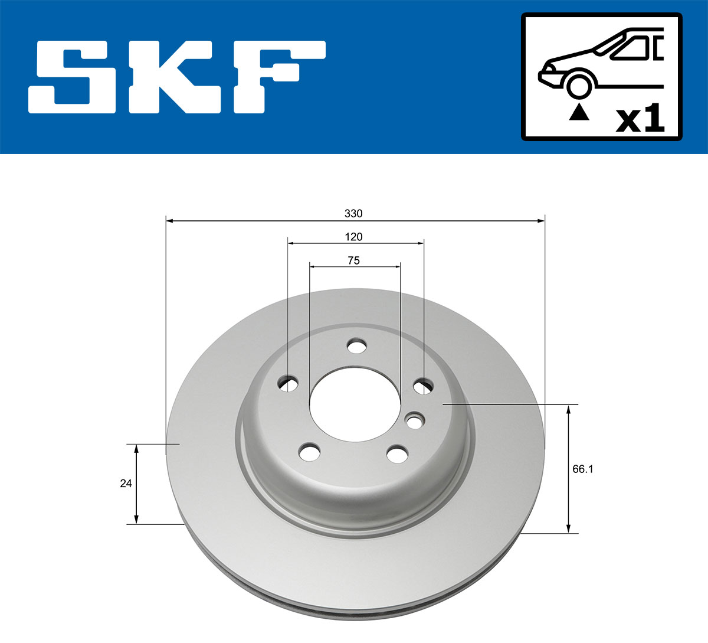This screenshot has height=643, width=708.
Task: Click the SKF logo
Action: pyautogui.click(x=177, y=77)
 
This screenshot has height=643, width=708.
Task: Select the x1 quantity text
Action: pyautogui.click(x=640, y=120)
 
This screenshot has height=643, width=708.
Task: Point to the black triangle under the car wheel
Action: pyautogui.click(x=579, y=112)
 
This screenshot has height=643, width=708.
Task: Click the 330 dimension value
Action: pyautogui.click(x=353, y=213)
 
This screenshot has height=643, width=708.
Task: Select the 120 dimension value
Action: pyautogui.click(x=353, y=237)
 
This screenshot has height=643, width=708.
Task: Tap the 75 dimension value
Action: pyautogui.click(x=353, y=260)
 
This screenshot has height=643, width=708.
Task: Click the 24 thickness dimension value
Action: pyautogui.click(x=126, y=484)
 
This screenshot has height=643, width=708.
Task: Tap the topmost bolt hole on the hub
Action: pyautogui.click(x=356, y=346)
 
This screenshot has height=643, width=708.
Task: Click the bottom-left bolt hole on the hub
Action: pyautogui.click(x=309, y=453)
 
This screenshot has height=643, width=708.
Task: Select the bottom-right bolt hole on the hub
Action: pyautogui.click(x=397, y=454)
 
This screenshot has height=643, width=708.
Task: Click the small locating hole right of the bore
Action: pyautogui.click(x=415, y=422)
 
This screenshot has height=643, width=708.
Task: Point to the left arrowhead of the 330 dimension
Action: pyautogui.click(x=170, y=221)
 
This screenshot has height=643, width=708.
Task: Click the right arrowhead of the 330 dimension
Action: pyautogui.click(x=540, y=221)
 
